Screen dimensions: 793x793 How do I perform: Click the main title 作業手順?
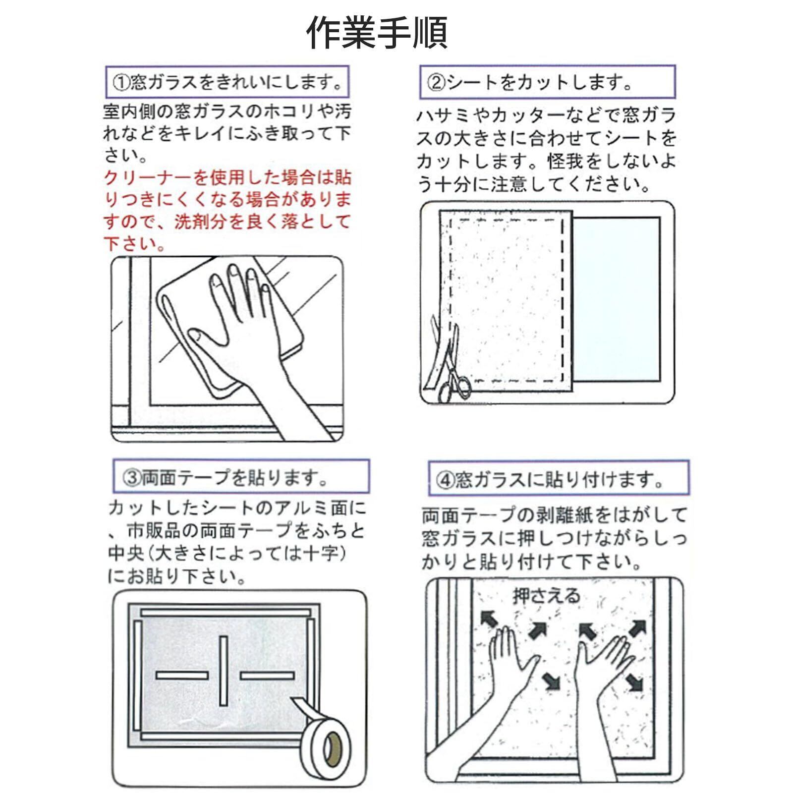click(x=377, y=32)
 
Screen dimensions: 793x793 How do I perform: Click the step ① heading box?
click(x=227, y=82)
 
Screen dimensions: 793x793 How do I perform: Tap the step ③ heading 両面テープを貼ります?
click(x=235, y=477)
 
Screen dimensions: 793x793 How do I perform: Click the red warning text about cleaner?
click(x=227, y=211)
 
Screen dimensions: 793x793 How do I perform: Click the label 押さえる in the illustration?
click(x=546, y=596)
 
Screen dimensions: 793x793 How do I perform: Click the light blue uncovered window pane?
click(x=617, y=299)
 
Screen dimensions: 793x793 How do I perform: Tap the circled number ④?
click(x=446, y=480)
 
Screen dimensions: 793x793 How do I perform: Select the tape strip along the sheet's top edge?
click(x=226, y=613)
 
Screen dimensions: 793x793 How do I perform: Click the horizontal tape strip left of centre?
click(x=182, y=675)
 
